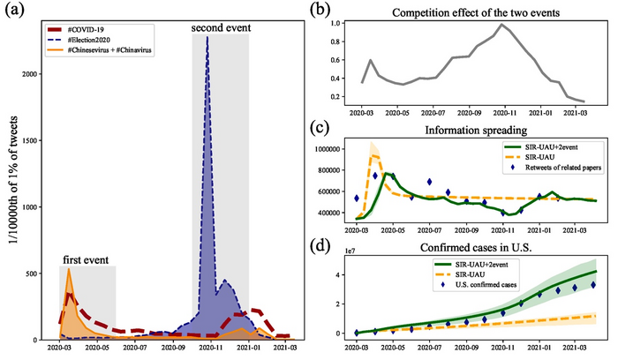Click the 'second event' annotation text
221,28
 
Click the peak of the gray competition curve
502,25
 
